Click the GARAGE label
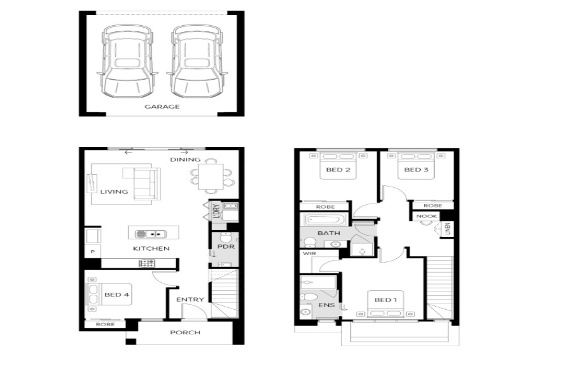[x=162, y=107]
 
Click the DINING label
[x=186, y=159]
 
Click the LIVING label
[x=114, y=192]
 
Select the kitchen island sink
[x=151, y=234]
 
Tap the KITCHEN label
[x=151, y=248]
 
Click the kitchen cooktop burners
[x=147, y=264]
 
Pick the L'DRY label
[x=216, y=211]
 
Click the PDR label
[x=226, y=247]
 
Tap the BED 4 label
[x=117, y=295]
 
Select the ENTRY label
[x=190, y=300]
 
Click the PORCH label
[x=186, y=332]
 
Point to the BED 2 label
[x=338, y=169]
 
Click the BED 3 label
[x=416, y=169]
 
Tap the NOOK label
[x=426, y=216]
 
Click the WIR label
[x=309, y=254]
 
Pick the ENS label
[x=326, y=305]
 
